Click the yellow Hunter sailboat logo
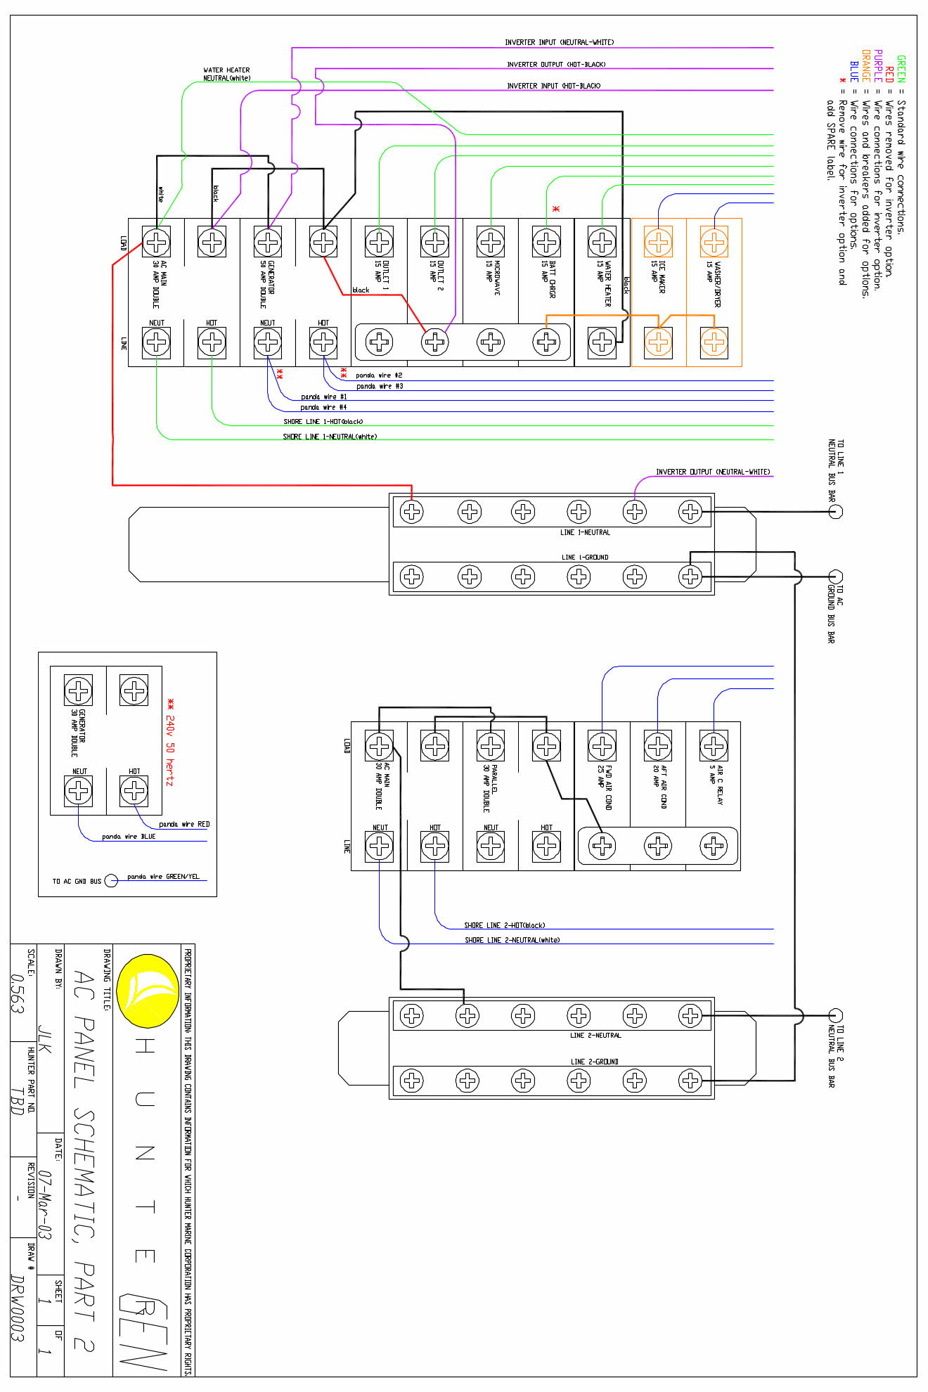[x=148, y=991]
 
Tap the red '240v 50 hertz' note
[x=169, y=742]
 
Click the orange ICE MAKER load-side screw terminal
[x=658, y=242]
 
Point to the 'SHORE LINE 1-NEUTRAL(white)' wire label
[x=330, y=437]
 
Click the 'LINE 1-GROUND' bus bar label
[x=584, y=557]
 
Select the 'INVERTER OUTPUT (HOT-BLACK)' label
[x=555, y=65]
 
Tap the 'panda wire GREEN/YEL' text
[x=163, y=877]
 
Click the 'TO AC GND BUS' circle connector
[x=111, y=881]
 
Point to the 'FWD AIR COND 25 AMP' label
[x=605, y=787]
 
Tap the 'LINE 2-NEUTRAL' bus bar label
[x=595, y=1036]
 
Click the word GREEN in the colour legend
[x=901, y=69]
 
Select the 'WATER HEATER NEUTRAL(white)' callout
[x=226, y=74]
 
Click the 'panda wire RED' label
[x=183, y=824]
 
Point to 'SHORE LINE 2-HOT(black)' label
[x=504, y=925]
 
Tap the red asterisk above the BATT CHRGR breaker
[x=555, y=210]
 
